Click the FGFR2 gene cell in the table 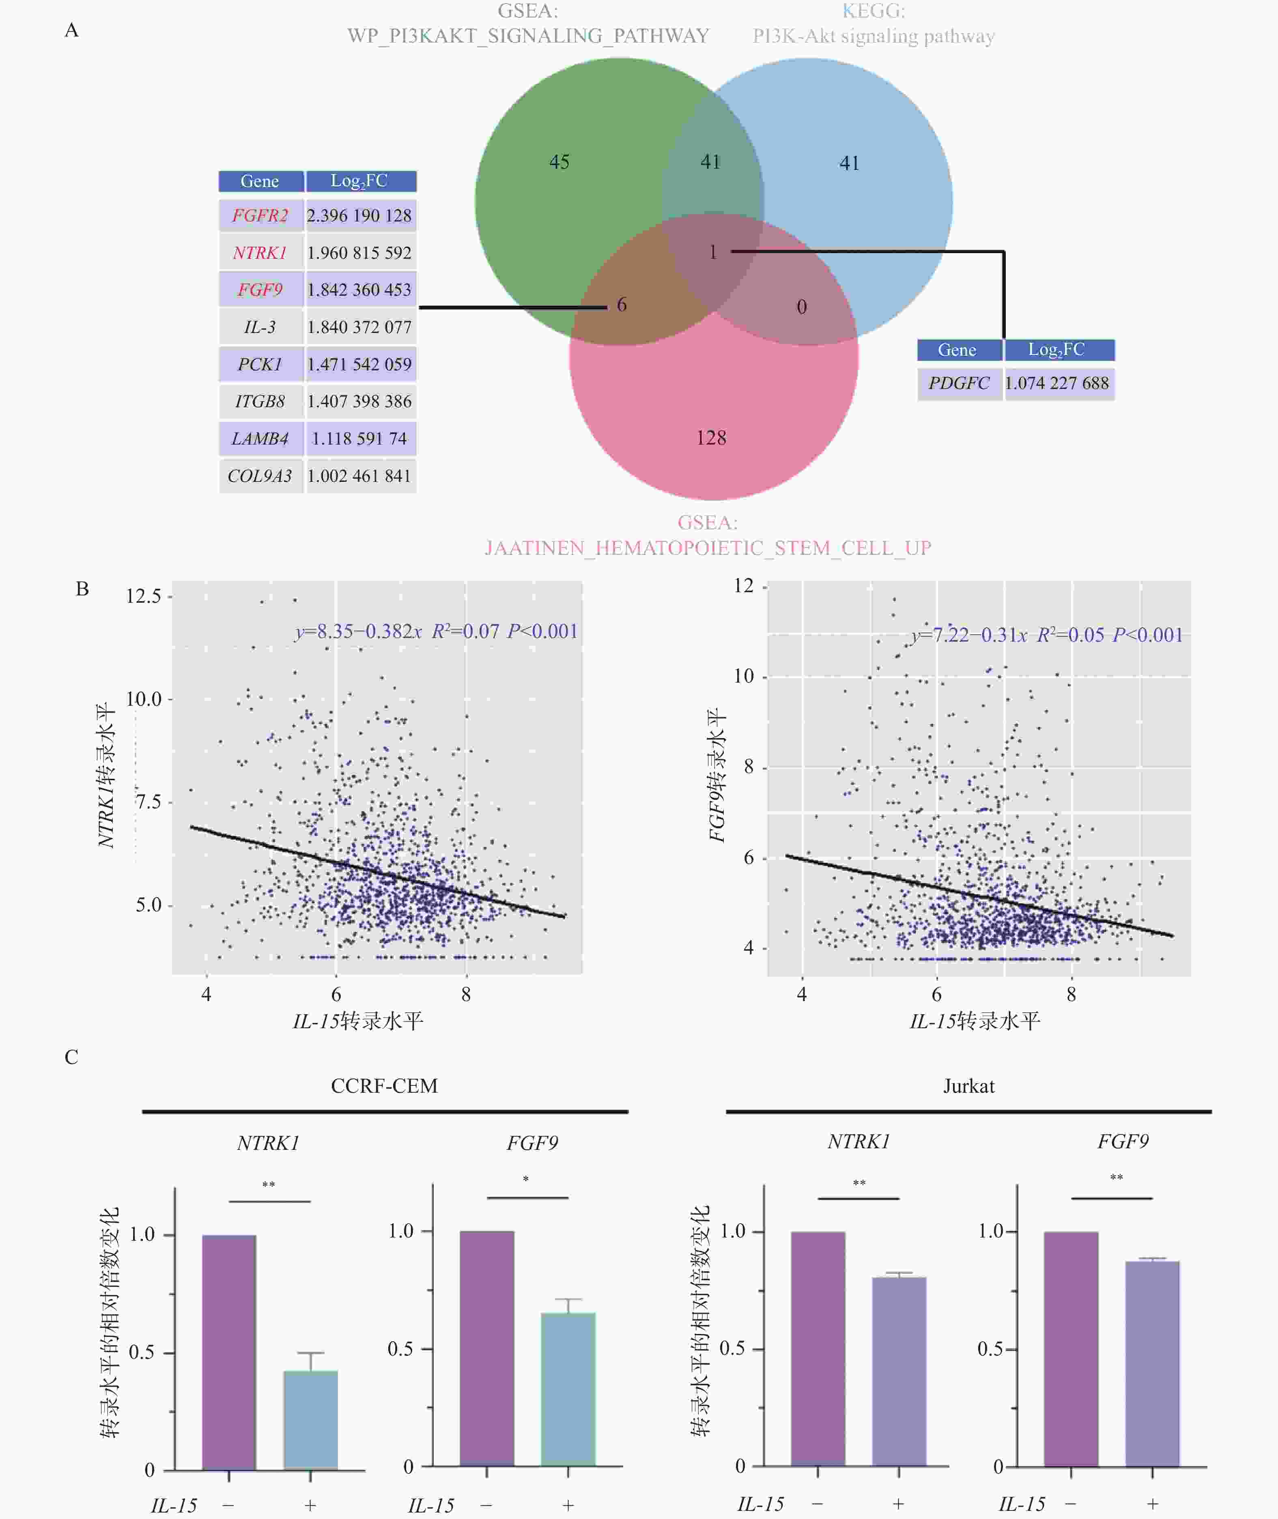260,215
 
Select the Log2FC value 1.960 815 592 359,253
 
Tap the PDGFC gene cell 958,383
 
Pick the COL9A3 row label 260,476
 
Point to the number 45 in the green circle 559,161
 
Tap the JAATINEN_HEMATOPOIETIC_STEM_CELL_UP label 708,548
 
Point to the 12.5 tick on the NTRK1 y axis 144,596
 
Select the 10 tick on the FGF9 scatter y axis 744,676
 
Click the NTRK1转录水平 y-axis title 106,775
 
